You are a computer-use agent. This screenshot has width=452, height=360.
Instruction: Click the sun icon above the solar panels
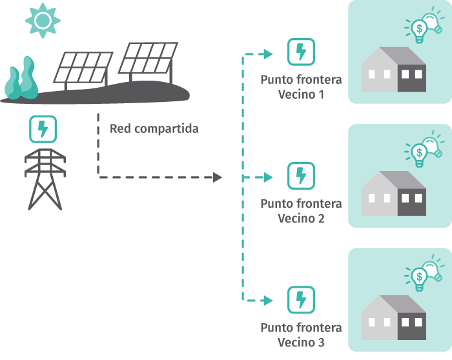[x=43, y=20]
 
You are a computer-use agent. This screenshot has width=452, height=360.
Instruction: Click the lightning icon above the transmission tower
[x=43, y=129]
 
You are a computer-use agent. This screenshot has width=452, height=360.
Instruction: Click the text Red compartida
[x=154, y=128]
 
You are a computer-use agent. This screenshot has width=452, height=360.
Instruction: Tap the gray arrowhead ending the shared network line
[x=218, y=176]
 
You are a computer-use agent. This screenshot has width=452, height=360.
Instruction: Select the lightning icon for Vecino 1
[x=301, y=52]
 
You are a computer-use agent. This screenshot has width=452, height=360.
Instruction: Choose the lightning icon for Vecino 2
[x=301, y=175]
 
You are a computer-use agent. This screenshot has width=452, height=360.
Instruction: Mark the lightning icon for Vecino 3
[x=301, y=299]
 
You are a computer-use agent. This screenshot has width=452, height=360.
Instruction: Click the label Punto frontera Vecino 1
[x=301, y=88]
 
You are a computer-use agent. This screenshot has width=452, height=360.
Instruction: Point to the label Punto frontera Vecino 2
[x=301, y=211]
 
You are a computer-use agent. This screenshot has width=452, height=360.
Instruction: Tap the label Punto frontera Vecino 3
[x=301, y=335]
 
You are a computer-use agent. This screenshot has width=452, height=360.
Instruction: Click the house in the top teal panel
[x=393, y=70]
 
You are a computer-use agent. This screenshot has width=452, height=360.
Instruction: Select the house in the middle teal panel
[x=393, y=194]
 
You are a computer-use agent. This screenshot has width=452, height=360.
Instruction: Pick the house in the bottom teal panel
[x=393, y=317]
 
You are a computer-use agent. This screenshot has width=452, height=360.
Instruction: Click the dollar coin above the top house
[x=420, y=28]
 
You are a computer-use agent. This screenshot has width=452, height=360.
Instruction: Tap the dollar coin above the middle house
[x=420, y=152]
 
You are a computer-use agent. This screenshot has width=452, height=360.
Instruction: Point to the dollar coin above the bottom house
[x=420, y=276]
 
